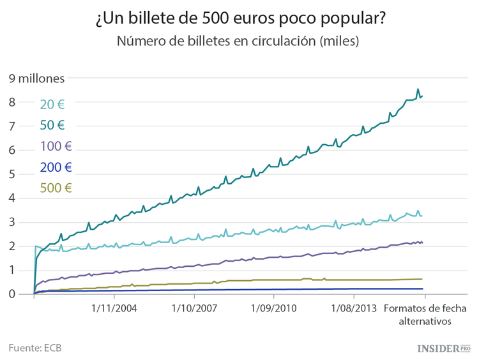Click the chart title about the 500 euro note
pyautogui.click(x=240, y=19)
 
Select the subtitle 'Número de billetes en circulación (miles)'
pyautogui.click(x=239, y=42)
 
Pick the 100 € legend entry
pyautogui.click(x=56, y=146)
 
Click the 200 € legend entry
pyautogui.click(x=56, y=167)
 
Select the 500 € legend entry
pyautogui.click(x=56, y=188)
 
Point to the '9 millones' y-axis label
pyautogui.click(x=36, y=79)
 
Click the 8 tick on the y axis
pyautogui.click(x=12, y=102)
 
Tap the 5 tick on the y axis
pyautogui.click(x=12, y=174)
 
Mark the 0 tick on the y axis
pyautogui.click(x=12, y=294)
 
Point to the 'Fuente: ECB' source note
pyautogui.click(x=35, y=348)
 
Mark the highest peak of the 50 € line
pyautogui.click(x=418, y=89)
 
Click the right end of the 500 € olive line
pyautogui.click(x=422, y=279)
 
